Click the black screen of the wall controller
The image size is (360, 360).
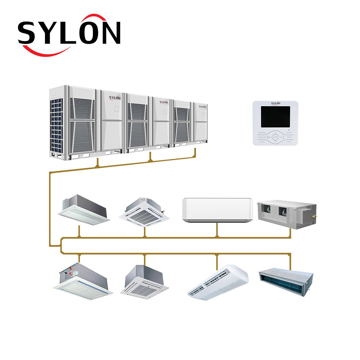pyautogui.click(x=275, y=117)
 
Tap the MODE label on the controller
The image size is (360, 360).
pyautogui.click(x=289, y=138)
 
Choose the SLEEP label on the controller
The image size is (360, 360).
pyautogui.click(x=289, y=142)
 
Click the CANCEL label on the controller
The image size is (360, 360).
pyautogui.click(x=262, y=142)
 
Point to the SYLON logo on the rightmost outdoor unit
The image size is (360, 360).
pyautogui.click(x=203, y=107)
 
